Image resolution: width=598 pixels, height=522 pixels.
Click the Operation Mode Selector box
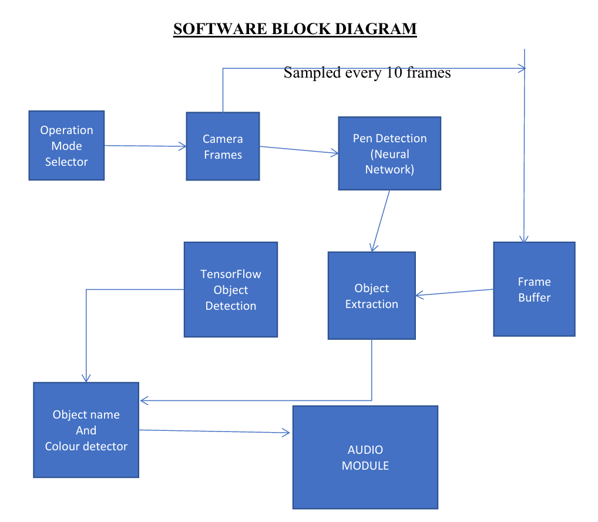tap(66, 145)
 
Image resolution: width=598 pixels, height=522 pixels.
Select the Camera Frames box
tap(223, 146)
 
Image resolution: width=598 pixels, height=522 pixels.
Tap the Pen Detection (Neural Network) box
tap(389, 153)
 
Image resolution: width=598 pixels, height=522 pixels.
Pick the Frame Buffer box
tap(534, 289)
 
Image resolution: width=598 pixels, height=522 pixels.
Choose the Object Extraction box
tap(371, 296)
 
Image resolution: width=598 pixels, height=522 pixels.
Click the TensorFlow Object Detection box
tap(230, 289)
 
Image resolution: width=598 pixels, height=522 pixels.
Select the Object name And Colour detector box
tap(86, 430)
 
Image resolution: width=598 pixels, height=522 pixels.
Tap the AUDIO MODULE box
tap(365, 457)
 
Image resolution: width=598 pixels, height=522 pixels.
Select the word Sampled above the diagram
tap(312, 73)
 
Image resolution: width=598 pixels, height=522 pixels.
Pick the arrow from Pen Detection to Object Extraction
tap(381, 221)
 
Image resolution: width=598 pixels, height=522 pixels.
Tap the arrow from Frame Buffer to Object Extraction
tap(454, 292)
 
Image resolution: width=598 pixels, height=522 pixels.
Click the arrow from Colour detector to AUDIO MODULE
tap(215, 431)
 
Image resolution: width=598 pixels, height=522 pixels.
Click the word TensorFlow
tap(230, 274)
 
